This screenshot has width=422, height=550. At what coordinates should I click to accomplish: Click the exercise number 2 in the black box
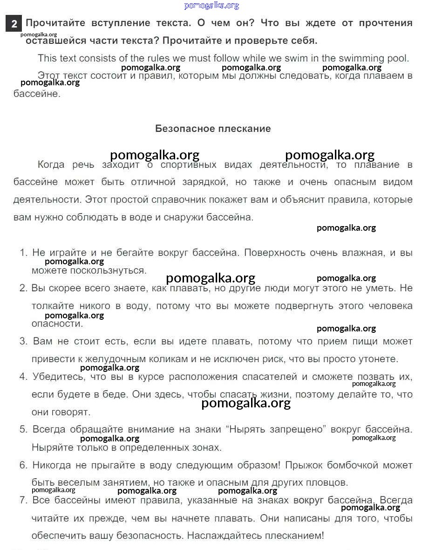click(x=14, y=23)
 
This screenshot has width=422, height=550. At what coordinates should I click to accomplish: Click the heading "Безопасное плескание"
click(x=213, y=129)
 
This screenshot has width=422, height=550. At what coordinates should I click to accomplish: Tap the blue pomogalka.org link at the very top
click(x=211, y=6)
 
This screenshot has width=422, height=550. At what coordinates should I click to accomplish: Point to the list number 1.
click(x=23, y=253)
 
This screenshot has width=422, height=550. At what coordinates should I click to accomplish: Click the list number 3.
click(x=23, y=341)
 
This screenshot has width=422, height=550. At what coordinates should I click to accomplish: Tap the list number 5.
click(x=23, y=429)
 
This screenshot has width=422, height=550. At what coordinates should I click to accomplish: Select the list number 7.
click(x=23, y=500)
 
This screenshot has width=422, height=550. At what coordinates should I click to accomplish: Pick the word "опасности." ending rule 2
click(x=57, y=323)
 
